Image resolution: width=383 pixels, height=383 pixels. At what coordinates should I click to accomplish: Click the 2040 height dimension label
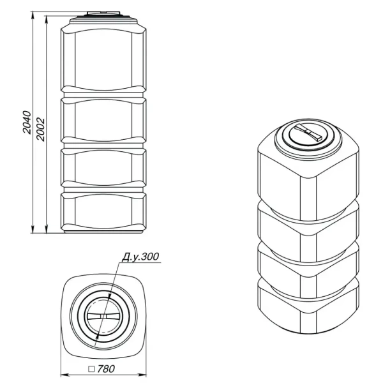coord(27,123)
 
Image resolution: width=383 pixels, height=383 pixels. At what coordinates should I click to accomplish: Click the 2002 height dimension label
coord(41,130)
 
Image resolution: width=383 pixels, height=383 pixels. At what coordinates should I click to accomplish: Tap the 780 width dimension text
coord(106,369)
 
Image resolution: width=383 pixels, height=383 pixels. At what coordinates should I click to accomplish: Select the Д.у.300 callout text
coord(140,257)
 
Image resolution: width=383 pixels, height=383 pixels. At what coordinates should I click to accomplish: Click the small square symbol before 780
coord(91,369)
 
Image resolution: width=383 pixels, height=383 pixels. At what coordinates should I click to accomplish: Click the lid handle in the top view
coord(103,317)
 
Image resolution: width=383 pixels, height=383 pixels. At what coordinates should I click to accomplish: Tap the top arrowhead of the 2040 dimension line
coord(33,15)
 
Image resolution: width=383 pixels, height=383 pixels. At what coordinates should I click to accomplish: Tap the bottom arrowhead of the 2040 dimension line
coord(33,230)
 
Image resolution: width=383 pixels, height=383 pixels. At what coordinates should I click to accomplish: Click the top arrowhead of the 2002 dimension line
coord(46,20)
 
